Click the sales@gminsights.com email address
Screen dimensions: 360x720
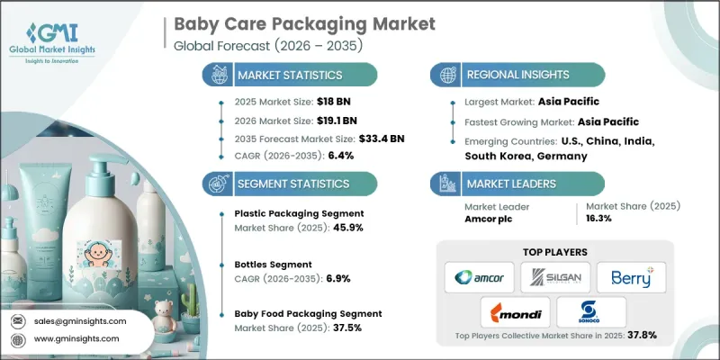click(x=81, y=320)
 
